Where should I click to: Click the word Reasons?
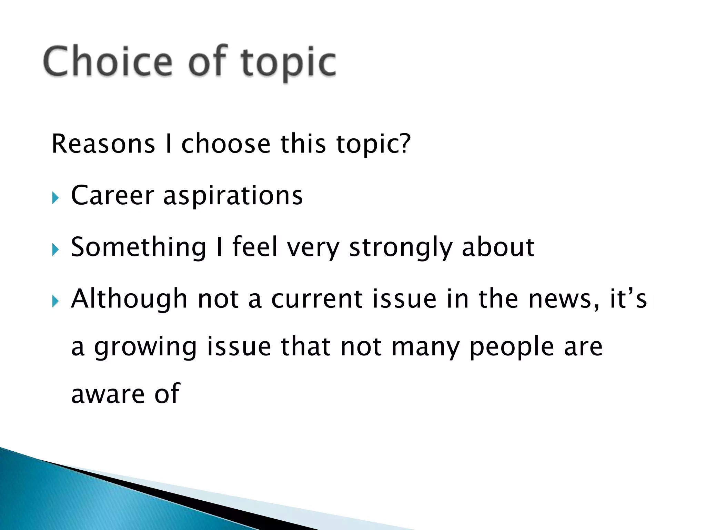(x=103, y=144)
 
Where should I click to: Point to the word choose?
(x=226, y=144)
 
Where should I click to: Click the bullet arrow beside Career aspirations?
(x=56, y=198)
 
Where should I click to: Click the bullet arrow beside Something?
(x=56, y=249)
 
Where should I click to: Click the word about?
(x=498, y=247)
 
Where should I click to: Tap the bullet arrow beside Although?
(x=56, y=301)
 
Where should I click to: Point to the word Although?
(x=129, y=299)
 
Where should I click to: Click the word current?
(x=316, y=299)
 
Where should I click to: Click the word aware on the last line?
(x=108, y=394)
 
